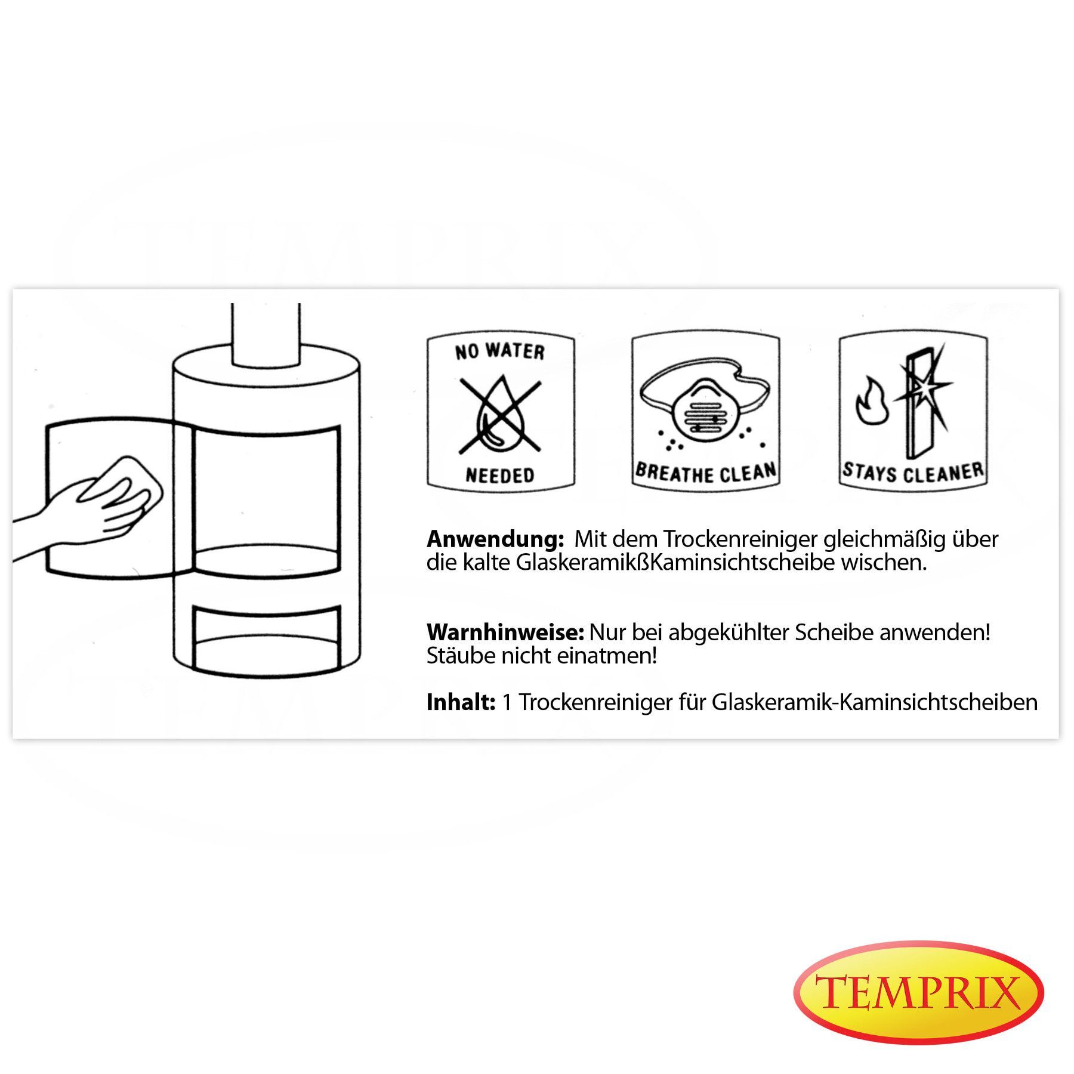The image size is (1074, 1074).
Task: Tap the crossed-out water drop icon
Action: click(x=500, y=415)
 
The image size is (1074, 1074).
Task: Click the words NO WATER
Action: click(x=500, y=351)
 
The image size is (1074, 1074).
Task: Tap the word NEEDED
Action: click(x=500, y=475)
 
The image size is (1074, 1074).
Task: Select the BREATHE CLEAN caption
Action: click(x=706, y=472)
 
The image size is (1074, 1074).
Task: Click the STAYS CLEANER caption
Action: click(x=913, y=472)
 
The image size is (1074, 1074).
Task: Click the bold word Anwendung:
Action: click(x=495, y=540)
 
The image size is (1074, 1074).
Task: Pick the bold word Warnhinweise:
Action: click(x=505, y=632)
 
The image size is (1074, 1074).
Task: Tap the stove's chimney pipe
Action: click(x=266, y=335)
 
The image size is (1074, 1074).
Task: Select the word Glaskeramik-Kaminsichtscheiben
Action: click(x=875, y=702)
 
